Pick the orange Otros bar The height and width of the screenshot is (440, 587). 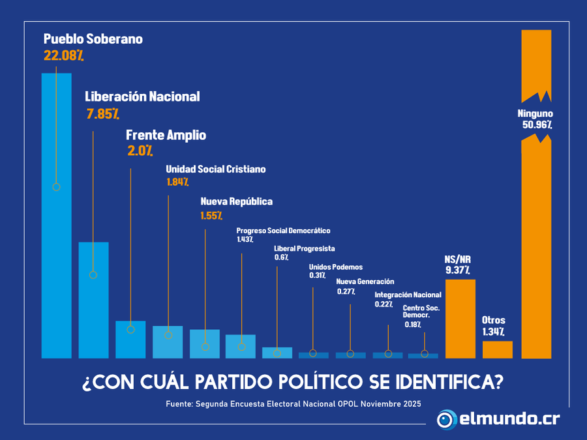497,349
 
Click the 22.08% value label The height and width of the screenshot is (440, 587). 63,55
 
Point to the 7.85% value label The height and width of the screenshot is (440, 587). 102,114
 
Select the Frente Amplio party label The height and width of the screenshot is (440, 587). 166,135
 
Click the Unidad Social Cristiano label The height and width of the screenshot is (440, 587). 215,169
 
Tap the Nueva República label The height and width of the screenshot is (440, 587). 236,201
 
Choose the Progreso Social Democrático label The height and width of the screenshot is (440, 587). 283,231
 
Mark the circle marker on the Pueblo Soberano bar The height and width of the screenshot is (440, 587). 56,187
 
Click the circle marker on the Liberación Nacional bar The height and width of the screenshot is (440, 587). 93,275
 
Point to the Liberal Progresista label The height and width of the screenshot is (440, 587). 305,248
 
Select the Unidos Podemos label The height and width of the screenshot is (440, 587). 335,267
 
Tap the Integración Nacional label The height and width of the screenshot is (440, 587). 408,295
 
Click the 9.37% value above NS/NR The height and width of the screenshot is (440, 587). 458,270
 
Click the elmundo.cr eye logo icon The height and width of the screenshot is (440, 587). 447,419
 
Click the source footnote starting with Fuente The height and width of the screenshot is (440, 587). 293,404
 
